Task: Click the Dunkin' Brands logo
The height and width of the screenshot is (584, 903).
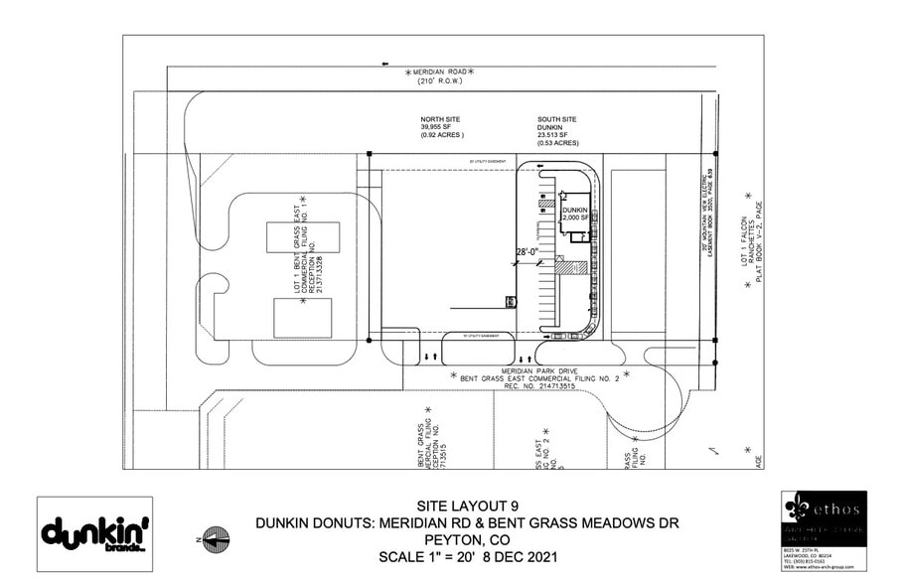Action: coord(94,533)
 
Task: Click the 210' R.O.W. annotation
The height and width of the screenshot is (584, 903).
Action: coord(439,83)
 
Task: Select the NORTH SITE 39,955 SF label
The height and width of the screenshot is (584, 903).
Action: coord(442,130)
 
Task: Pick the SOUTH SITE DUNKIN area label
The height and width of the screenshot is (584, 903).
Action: coord(556,130)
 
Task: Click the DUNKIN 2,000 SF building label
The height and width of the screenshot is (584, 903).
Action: coord(575,216)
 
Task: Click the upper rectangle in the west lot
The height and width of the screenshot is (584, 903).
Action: coord(303,236)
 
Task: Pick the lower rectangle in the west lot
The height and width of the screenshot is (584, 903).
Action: coord(302,317)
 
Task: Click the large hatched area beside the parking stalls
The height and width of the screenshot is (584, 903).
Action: coord(567,266)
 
